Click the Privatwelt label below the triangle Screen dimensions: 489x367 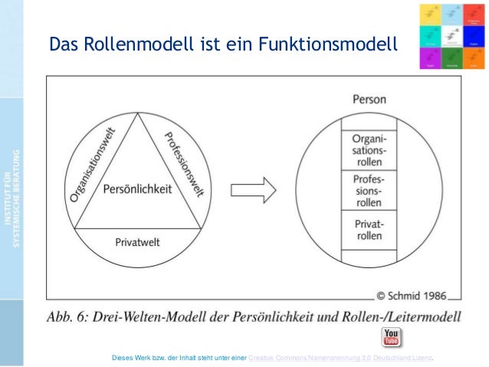click(x=137, y=242)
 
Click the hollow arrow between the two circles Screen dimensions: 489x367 click(x=252, y=188)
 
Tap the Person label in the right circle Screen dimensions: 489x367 click(x=369, y=100)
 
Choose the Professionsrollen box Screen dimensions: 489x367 click(x=369, y=192)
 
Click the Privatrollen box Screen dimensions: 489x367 click(x=369, y=231)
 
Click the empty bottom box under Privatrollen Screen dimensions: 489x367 click(x=369, y=257)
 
